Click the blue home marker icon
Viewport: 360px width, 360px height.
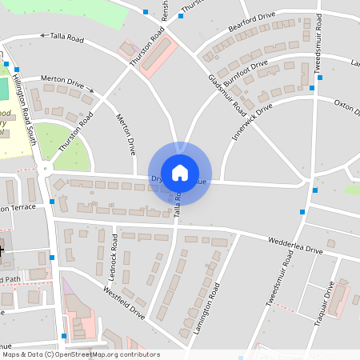tap(180, 172)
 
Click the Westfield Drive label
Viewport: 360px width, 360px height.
tap(124, 304)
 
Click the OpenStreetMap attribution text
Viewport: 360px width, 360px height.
tap(81, 354)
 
